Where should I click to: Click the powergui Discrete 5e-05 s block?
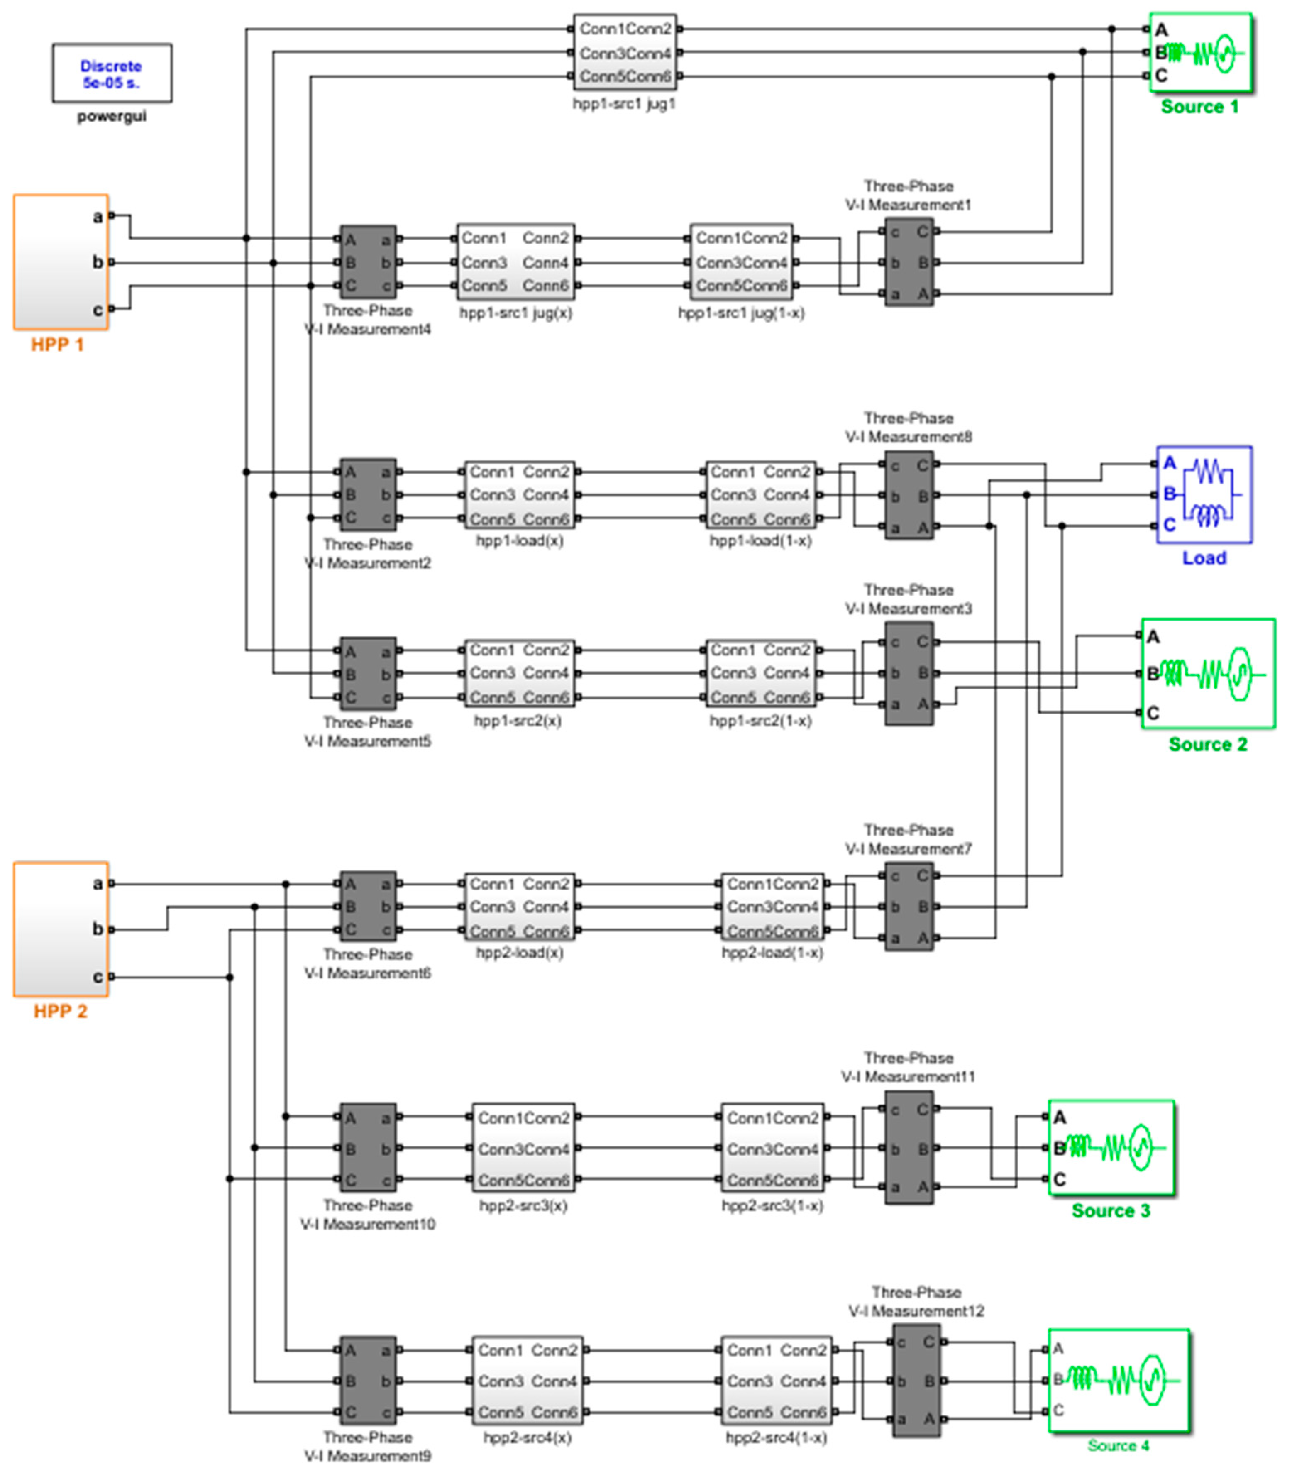click(x=112, y=73)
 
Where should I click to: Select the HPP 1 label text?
click(x=58, y=345)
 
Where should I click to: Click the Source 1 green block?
click(x=1200, y=53)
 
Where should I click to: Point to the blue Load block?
click(x=1204, y=495)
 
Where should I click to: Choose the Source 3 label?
click(x=1110, y=1211)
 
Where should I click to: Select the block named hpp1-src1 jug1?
click(x=624, y=53)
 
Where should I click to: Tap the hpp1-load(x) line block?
click(x=519, y=495)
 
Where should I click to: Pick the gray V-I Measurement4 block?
click(x=368, y=262)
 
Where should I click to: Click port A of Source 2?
click(x=1140, y=636)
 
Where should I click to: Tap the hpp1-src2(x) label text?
click(x=517, y=721)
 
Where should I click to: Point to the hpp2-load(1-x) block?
click(x=772, y=907)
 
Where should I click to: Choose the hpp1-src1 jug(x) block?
click(x=515, y=262)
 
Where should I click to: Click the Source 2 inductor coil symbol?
click(x=1172, y=674)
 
